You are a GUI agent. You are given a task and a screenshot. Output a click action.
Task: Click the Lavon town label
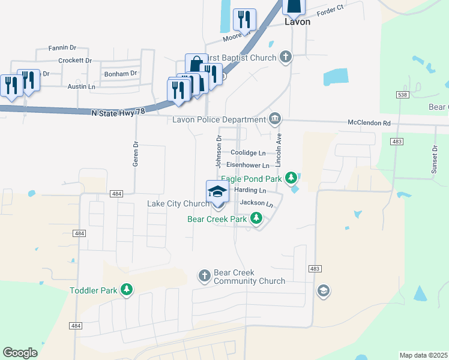coord(297,22)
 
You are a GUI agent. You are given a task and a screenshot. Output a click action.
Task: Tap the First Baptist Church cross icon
coord(286,58)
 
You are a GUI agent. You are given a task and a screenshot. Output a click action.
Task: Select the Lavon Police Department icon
coord(275,119)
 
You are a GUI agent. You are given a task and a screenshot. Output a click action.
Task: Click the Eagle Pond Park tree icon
coord(291,178)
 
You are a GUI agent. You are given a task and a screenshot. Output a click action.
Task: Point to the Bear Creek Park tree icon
coord(256,219)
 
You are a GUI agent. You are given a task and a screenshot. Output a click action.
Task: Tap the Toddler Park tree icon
coord(126,290)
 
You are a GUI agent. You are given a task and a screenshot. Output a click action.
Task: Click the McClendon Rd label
coord(369,123)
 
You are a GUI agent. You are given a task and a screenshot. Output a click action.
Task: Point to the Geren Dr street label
coord(136,154)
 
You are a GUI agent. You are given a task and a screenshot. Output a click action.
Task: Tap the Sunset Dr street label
coord(434,159)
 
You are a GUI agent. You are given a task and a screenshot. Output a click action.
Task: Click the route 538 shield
coord(402,95)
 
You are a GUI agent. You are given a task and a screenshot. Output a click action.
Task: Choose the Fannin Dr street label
coord(62,47)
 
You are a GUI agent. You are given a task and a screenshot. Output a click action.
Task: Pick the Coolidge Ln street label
coord(248,153)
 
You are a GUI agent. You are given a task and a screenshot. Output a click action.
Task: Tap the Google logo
coord(20,353)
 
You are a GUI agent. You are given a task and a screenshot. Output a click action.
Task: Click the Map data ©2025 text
coord(423,355)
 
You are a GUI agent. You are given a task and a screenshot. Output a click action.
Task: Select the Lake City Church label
coord(178,204)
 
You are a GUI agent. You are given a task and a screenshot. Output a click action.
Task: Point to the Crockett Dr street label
coord(75,61)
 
